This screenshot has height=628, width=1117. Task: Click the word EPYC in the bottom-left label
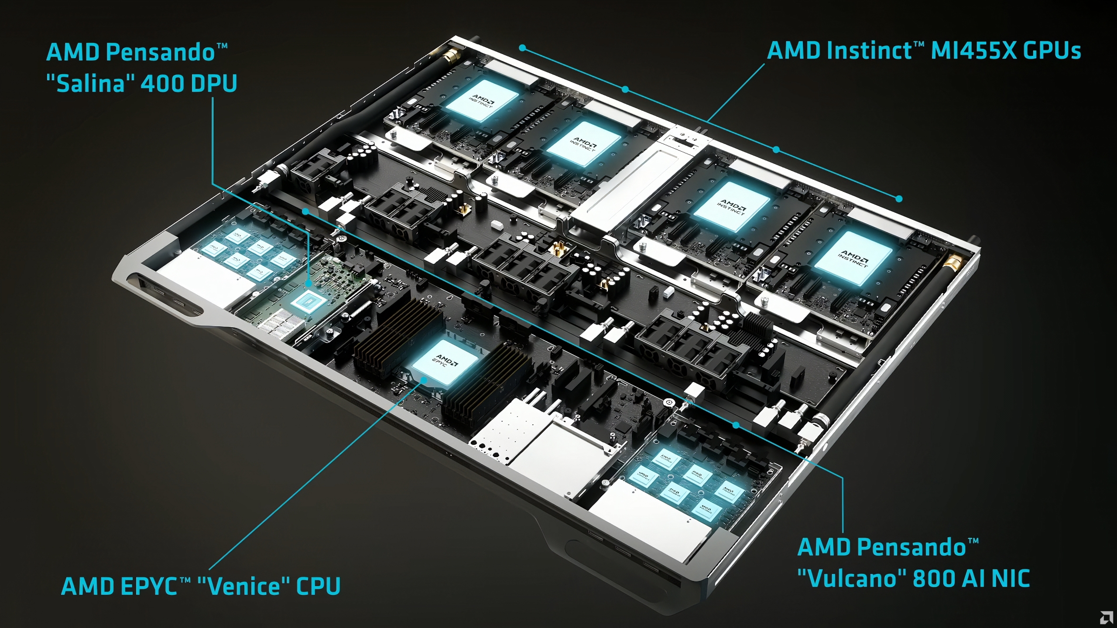148,586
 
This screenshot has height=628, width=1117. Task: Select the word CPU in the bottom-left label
319,586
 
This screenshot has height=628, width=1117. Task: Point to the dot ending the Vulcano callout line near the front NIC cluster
736,424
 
